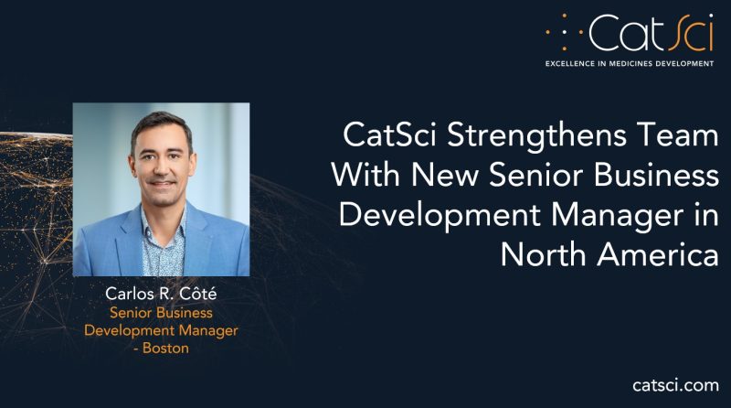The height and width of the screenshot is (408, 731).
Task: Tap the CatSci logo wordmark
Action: (x=651, y=32)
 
